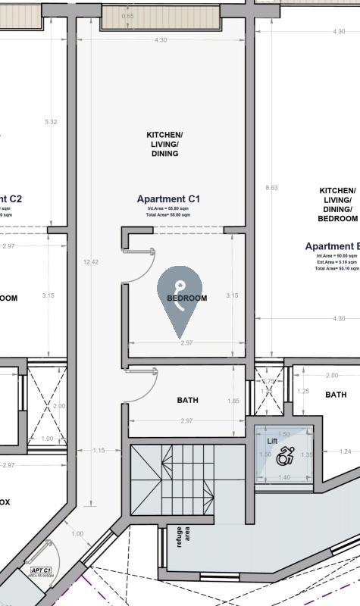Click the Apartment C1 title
click(168, 199)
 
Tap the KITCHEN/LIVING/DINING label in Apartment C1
click(164, 144)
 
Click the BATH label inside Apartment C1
click(187, 400)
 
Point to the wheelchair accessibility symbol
click(286, 457)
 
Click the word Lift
click(272, 440)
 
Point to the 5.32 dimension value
click(51, 121)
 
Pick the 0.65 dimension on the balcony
click(128, 16)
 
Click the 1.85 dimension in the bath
click(233, 401)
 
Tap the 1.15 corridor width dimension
click(98, 451)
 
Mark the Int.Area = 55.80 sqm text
click(168, 208)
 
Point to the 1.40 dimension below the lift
click(285, 477)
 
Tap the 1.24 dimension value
click(346, 452)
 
